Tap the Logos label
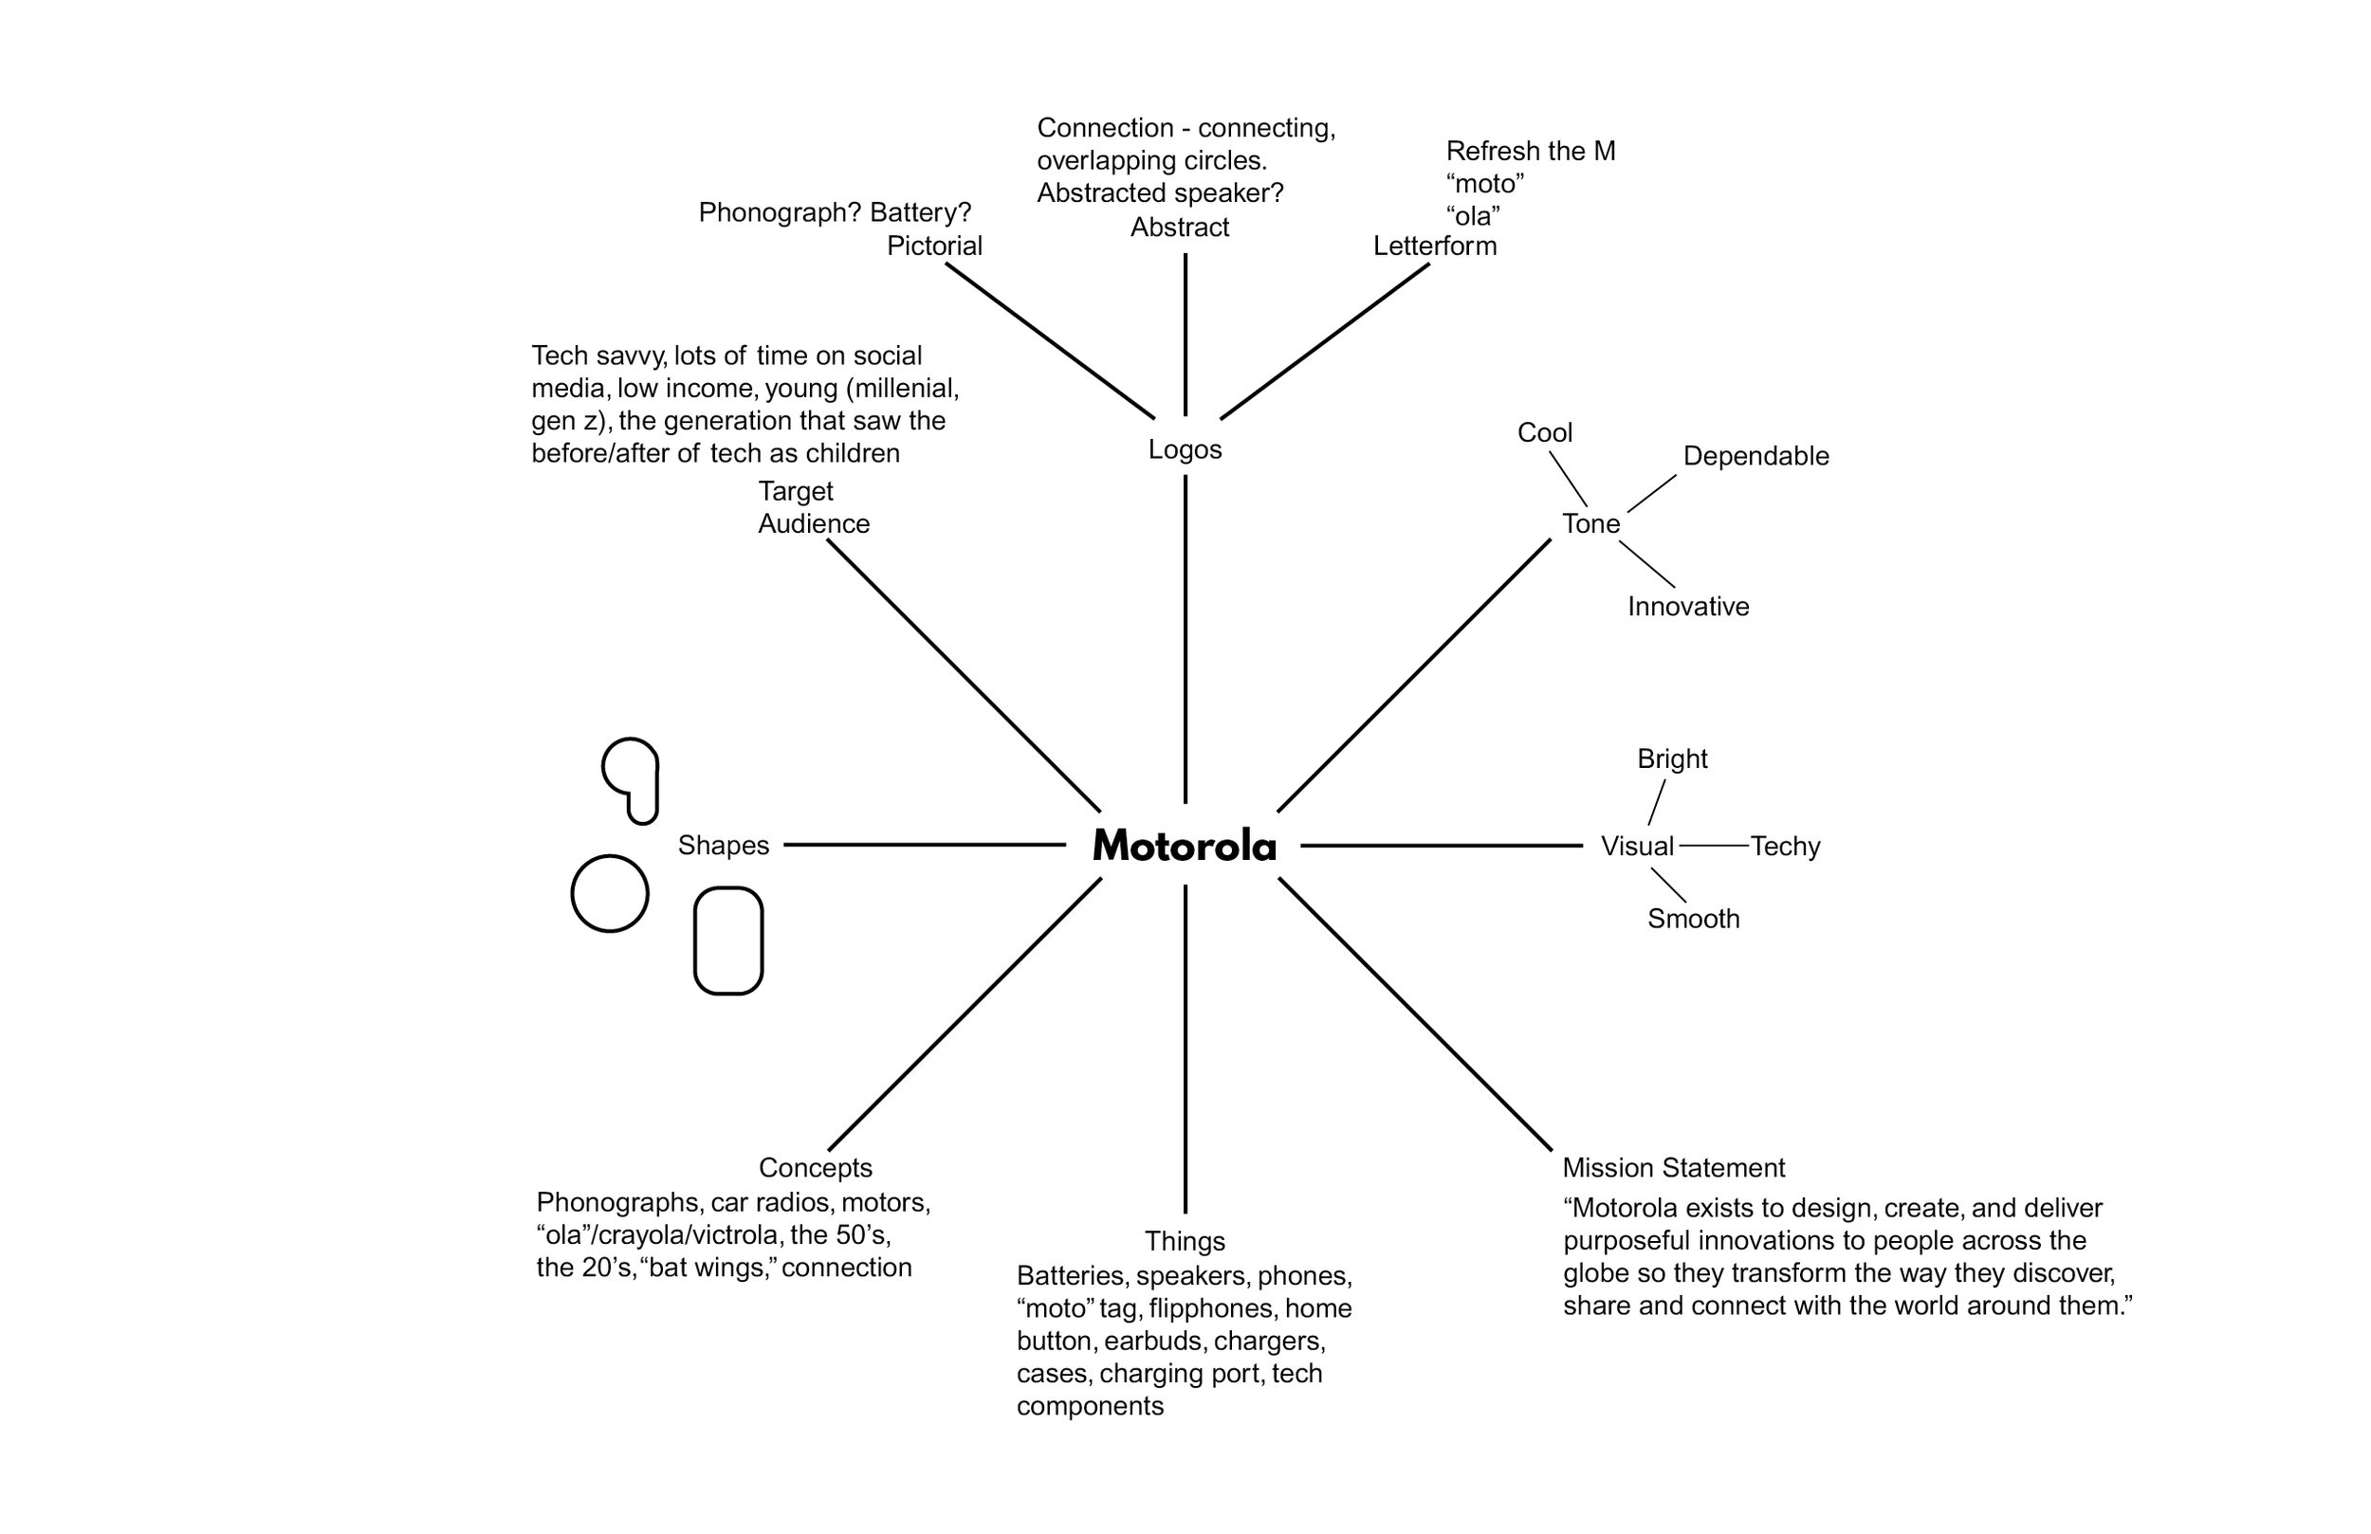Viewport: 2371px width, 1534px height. point(1185,449)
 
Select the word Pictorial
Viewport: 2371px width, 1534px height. point(934,247)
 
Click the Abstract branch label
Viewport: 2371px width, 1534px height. point(1180,228)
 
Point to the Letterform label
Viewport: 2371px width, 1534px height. point(1435,247)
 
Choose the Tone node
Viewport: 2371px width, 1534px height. point(1591,524)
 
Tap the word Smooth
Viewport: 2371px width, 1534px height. point(1694,920)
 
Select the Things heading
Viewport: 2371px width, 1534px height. point(1185,1241)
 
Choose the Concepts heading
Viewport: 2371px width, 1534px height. point(815,1167)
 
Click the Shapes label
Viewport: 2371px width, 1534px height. point(724,846)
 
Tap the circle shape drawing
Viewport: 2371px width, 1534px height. point(610,893)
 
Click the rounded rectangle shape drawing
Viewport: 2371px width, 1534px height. point(728,940)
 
